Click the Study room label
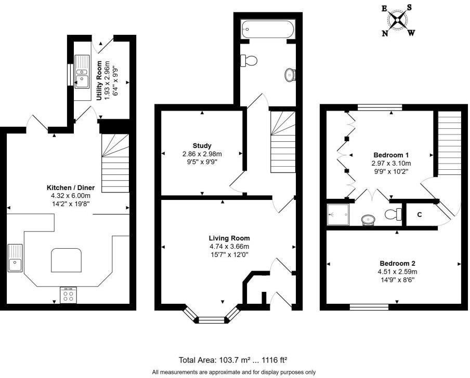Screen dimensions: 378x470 click(x=202, y=146)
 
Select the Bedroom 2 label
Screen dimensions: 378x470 click(x=397, y=263)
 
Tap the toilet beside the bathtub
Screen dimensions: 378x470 click(x=249, y=61)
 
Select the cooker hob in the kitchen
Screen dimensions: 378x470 click(x=68, y=295)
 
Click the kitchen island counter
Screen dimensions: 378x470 click(x=67, y=260)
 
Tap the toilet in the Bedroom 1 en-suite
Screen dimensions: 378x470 click(x=394, y=213)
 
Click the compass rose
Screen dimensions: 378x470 click(x=398, y=21)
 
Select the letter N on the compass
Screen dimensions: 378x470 click(x=385, y=33)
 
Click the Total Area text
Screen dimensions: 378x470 click(x=233, y=359)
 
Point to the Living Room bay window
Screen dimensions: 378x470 click(x=212, y=317)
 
